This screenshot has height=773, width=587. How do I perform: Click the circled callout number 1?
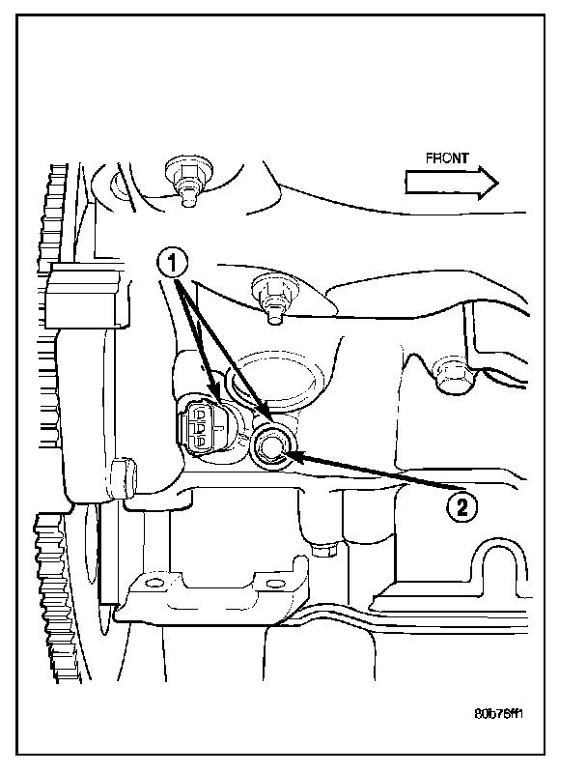[x=172, y=260]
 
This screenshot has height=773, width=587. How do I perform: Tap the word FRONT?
[x=447, y=157]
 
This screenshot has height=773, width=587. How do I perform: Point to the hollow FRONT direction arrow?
[x=450, y=181]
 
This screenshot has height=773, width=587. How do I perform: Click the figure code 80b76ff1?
[x=500, y=716]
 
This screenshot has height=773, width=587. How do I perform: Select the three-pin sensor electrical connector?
[x=198, y=425]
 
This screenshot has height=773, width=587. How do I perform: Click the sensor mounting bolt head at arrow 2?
[x=271, y=444]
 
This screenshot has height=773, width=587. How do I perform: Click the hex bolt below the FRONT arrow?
[x=447, y=371]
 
